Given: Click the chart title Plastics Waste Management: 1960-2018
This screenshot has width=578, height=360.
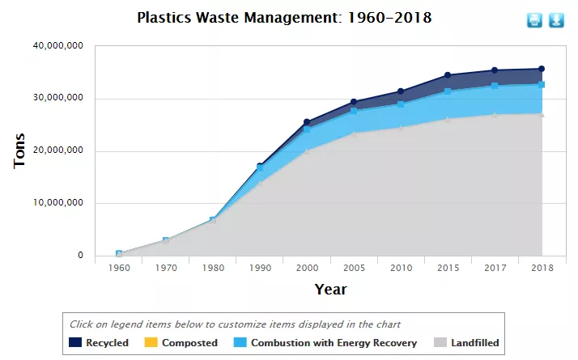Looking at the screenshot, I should pos(283,17).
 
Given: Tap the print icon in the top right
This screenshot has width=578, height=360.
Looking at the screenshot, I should pos(534,20).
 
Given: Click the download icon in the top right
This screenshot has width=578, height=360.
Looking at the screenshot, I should pos(556,20).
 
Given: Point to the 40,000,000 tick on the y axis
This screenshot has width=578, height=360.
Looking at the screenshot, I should pos(57,46).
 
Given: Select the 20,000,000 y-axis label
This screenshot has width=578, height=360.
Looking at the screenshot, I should pos(57,151).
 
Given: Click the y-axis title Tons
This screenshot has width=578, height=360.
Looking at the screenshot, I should pos(20,151).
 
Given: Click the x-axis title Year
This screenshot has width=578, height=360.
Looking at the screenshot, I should pos(330,289).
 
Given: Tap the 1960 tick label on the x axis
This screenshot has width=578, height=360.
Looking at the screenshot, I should pos(119,268).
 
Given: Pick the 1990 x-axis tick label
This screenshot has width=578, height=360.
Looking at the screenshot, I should pos(260,268).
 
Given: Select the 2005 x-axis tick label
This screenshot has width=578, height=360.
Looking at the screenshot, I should pos(354,268).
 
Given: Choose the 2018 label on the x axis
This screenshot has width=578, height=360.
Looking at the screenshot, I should pos(542,268).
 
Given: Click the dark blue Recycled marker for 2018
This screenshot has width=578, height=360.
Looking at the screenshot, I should pos(542,69).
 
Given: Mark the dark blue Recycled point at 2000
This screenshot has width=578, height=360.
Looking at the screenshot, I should pos(307,122).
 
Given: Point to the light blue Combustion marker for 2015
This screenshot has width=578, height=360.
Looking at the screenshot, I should pos(448,91).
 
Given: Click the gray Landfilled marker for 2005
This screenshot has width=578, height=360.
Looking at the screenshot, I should pos(354,133).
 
